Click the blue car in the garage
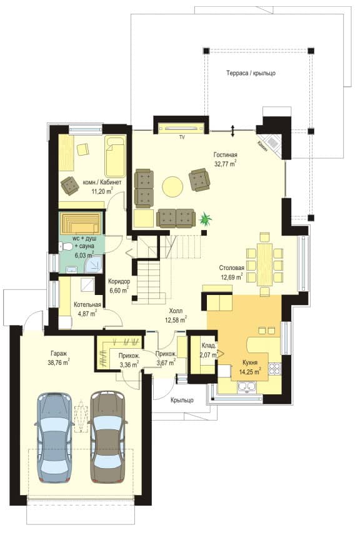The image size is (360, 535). point(54,437)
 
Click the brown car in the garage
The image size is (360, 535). point(108,437)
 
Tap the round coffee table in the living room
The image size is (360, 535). point(172,187)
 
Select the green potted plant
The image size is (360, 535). point(206,218)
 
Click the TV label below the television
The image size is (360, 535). point(182,137)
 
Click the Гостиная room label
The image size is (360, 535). point(226,155)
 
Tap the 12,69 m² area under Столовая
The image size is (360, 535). point(232,277)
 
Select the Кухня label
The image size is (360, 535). point(250,362)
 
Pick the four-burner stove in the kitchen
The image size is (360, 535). point(274,369)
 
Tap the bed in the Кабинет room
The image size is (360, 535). point(115,156)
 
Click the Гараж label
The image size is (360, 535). point(59,354)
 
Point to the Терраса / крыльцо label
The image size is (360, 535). point(251,73)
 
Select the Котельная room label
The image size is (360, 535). point(87,305)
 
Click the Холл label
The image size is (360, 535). point(176,311)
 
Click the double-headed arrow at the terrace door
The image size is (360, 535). point(232,131)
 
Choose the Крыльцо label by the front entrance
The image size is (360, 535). point(182,400)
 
